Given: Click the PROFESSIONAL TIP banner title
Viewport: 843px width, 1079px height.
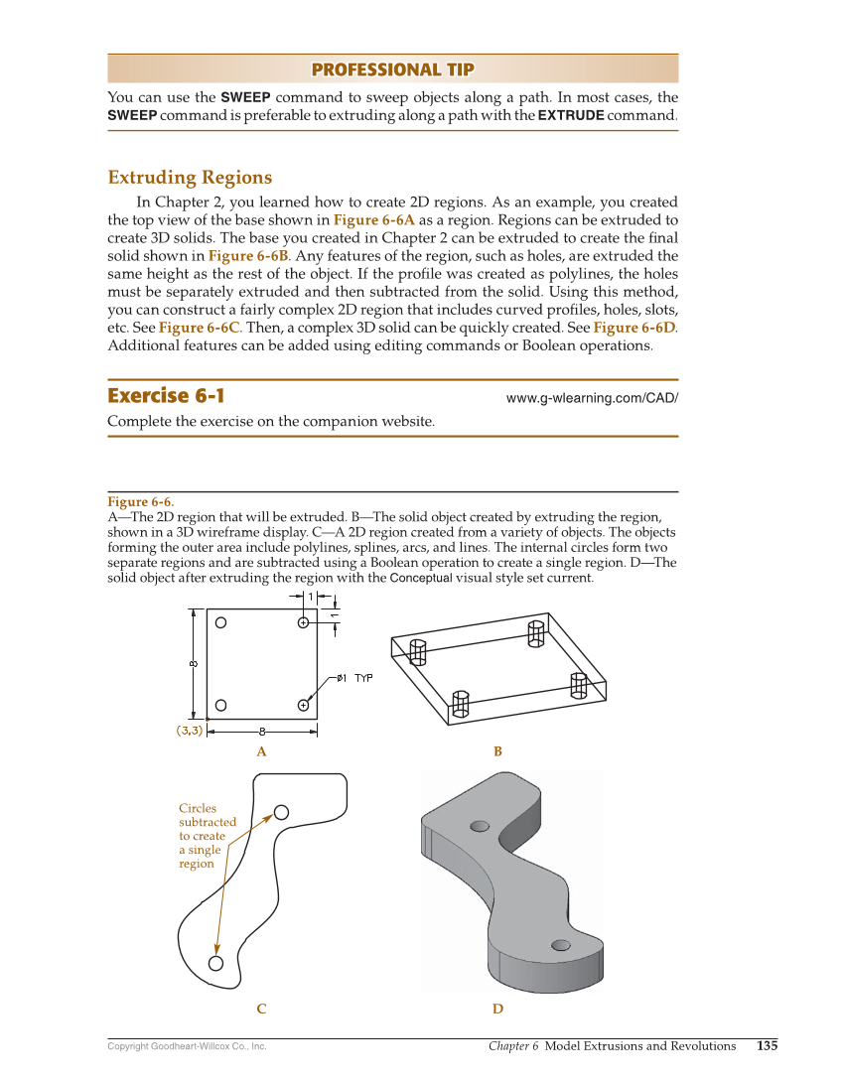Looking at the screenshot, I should [x=392, y=69].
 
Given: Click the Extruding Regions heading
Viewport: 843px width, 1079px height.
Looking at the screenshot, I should [x=190, y=178].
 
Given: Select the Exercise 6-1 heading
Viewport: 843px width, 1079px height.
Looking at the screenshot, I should [x=166, y=395].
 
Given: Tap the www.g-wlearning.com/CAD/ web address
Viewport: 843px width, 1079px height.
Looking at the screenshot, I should [x=592, y=398].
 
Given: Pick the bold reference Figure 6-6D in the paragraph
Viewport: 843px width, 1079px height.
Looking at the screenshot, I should [x=634, y=328].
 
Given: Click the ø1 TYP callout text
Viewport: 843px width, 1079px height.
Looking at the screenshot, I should [x=354, y=678].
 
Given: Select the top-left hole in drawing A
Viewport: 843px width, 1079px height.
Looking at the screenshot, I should [x=221, y=623].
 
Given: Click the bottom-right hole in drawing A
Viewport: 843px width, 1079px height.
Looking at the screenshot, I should [x=303, y=705].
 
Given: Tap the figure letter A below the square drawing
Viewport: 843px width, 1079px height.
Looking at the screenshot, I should [x=261, y=751].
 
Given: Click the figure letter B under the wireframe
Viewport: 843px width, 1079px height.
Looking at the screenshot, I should [x=497, y=751].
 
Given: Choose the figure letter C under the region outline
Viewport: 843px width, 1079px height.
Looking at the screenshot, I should [x=261, y=1009].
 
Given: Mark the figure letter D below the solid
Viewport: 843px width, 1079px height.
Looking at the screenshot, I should [x=497, y=1009].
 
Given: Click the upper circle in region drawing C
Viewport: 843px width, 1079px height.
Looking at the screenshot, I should [x=281, y=813].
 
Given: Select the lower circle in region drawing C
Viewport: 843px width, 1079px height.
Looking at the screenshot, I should [x=215, y=963].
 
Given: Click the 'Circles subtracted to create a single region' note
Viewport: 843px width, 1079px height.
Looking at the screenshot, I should [x=207, y=836].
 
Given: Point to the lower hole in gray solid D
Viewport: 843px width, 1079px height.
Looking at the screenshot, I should [x=560, y=944].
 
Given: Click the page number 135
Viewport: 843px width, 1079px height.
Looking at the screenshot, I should [x=767, y=1045].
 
